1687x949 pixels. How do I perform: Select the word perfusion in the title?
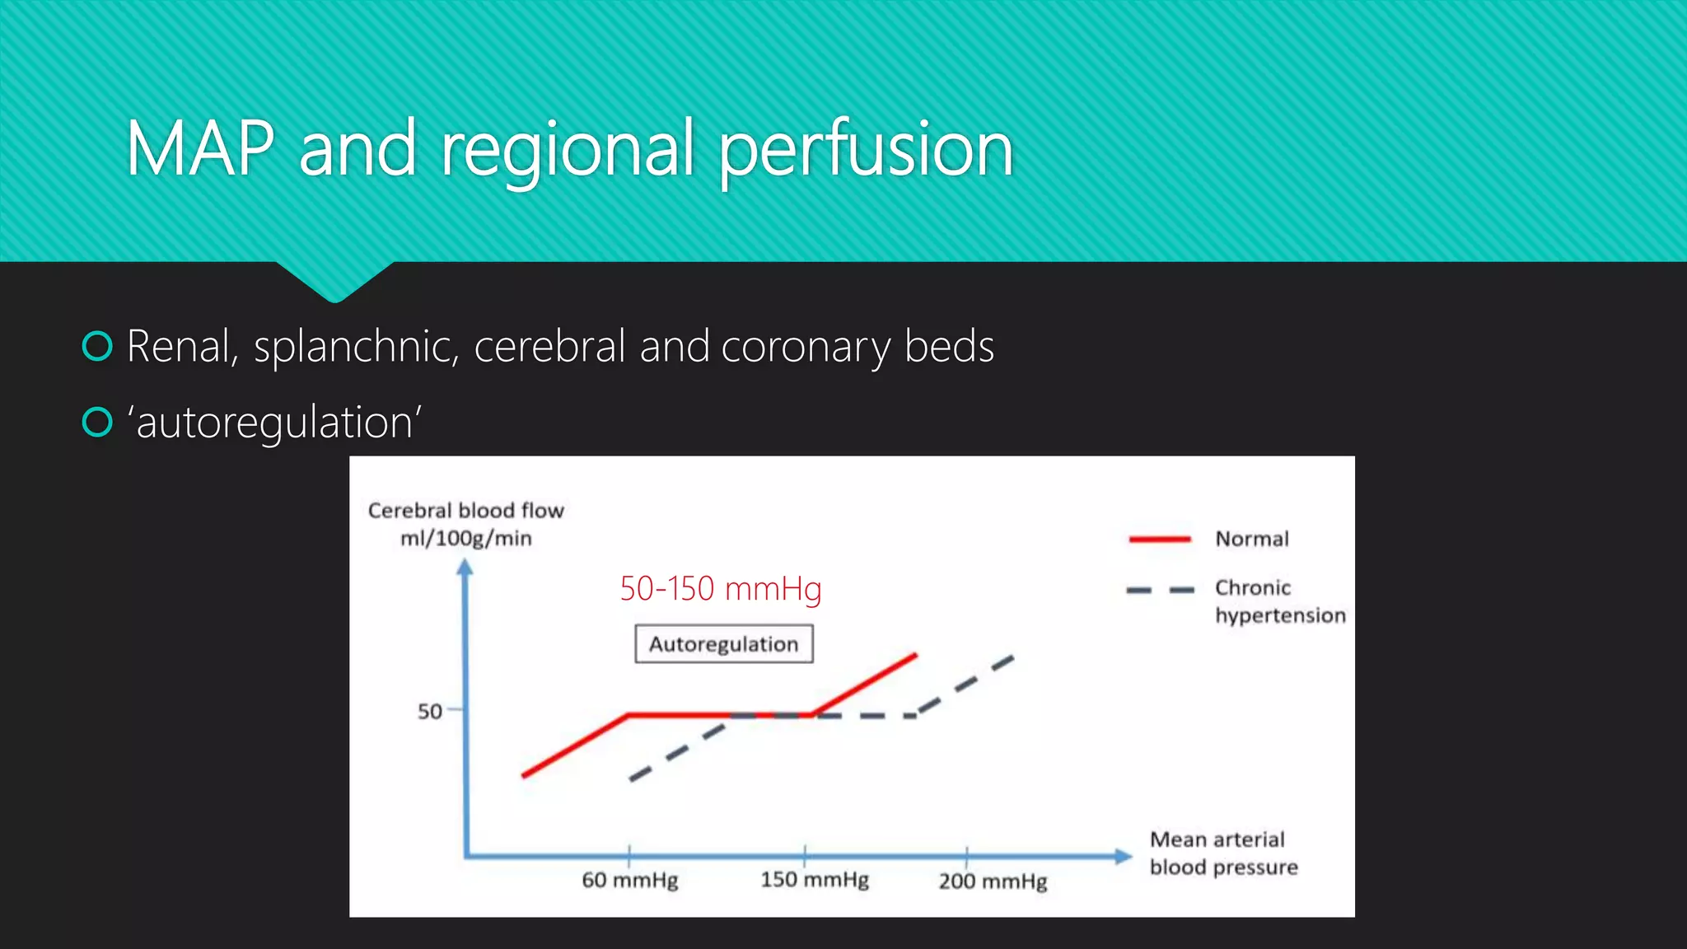click(866, 151)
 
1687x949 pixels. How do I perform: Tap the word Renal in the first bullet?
click(181, 346)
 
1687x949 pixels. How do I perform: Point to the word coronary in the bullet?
click(806, 347)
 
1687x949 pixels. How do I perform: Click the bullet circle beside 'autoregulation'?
click(97, 422)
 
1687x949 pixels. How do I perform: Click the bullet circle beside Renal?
click(97, 346)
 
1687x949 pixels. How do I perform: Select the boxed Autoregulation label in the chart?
click(723, 643)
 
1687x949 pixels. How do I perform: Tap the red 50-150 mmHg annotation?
click(721, 589)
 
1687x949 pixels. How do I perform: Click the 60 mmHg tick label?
click(630, 881)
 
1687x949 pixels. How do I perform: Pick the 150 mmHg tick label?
click(814, 880)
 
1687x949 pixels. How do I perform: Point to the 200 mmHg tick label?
click(993, 881)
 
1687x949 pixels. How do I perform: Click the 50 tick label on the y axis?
click(429, 711)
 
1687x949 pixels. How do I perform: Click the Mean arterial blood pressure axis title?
click(1223, 853)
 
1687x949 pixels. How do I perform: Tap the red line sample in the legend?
click(1159, 539)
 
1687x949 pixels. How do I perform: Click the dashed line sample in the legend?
click(1160, 590)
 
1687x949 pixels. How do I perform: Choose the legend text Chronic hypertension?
click(1279, 601)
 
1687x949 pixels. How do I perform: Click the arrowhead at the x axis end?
click(1124, 856)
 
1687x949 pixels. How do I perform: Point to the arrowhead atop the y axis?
click(465, 567)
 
